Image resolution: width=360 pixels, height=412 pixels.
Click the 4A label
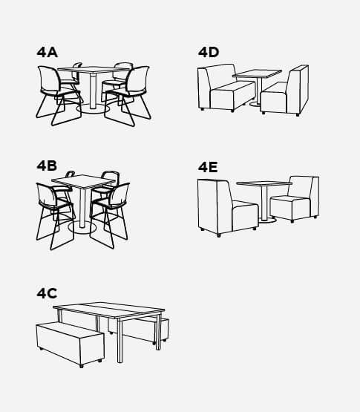coord(47,52)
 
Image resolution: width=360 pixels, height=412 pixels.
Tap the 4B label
coord(47,166)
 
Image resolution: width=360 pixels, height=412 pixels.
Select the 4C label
coord(47,293)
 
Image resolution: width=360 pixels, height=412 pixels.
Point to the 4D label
coord(209,52)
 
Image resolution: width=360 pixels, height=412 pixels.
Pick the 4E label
coord(208,167)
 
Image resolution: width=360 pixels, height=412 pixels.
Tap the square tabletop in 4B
coord(83,182)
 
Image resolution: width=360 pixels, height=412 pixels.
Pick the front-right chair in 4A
coord(128,95)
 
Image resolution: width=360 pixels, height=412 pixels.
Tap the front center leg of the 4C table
coord(120,341)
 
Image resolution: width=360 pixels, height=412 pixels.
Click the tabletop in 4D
coord(257,73)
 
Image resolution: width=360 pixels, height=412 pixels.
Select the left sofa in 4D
coord(226,88)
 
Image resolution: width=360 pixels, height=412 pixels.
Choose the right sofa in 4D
coord(285,91)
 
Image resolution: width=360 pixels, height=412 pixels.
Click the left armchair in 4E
coord(228,208)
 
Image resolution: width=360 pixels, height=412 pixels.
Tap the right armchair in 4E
coord(295,199)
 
